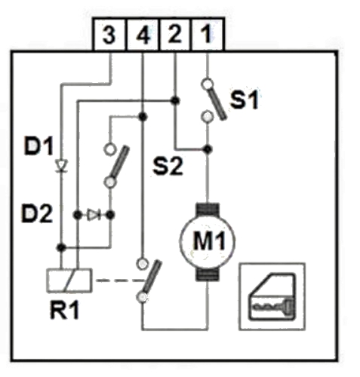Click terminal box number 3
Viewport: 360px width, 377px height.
(109, 35)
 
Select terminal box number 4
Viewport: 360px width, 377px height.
(143, 35)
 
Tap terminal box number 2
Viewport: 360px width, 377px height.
(176, 35)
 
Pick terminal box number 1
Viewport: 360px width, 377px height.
(208, 35)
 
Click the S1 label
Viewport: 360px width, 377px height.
(245, 100)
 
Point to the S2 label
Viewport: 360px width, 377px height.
(168, 166)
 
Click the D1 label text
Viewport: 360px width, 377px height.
(38, 146)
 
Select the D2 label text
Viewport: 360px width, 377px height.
(37, 213)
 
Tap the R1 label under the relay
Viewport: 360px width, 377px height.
(65, 310)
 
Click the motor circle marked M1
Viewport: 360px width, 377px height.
(208, 241)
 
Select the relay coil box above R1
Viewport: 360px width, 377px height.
(69, 280)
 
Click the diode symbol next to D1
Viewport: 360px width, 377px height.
(61, 166)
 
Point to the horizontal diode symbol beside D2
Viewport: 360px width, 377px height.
(94, 215)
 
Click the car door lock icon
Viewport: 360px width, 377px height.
(272, 296)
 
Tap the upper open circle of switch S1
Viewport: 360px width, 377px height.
(208, 84)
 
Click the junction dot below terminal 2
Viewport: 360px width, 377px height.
(175, 100)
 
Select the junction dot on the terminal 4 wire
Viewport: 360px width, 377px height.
(143, 116)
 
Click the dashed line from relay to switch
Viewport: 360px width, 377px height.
(119, 280)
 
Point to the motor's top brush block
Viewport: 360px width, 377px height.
(208, 209)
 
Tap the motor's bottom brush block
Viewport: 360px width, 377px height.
(208, 274)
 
